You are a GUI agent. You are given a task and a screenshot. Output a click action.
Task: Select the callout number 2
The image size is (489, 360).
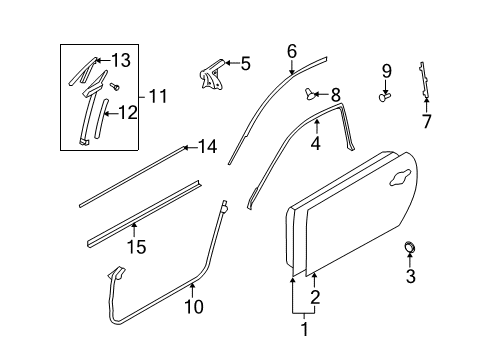tap(315, 297)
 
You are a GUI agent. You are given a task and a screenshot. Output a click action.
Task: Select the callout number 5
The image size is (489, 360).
tap(244, 63)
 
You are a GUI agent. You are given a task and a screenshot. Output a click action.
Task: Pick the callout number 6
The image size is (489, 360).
tap(292, 50)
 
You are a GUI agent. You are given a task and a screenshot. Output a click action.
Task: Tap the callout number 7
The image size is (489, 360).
tap(427, 122)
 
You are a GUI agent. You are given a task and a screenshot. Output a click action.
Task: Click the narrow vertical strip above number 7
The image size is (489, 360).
tap(426, 80)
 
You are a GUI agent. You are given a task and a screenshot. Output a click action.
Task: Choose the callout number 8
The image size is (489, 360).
tap(335, 95)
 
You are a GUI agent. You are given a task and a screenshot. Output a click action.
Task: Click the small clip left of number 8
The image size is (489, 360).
tap(311, 96)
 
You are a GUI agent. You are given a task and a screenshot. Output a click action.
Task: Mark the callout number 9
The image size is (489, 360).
tap(386, 70)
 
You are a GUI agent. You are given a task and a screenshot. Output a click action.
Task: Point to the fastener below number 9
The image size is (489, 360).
tap(385, 97)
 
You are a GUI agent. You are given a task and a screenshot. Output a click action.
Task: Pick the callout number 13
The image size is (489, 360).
tap(121, 61)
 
